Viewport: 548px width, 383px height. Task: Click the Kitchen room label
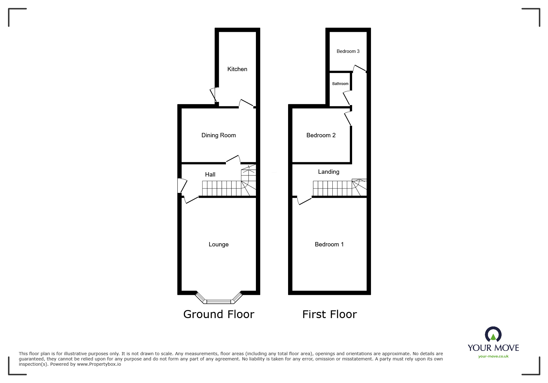[x=237, y=69]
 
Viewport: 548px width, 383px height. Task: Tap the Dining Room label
[x=218, y=135]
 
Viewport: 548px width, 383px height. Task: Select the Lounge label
[x=218, y=245]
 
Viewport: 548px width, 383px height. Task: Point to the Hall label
[x=210, y=175]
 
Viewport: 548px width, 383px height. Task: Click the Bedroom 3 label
[x=348, y=51]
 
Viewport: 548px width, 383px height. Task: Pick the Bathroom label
[x=340, y=84]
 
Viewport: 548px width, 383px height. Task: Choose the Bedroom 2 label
[x=321, y=135]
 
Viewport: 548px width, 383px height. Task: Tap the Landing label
[x=329, y=172]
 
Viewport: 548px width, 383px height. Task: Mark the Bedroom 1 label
[x=329, y=245]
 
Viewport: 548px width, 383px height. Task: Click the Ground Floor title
[x=219, y=314]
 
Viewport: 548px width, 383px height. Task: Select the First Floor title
[x=330, y=314]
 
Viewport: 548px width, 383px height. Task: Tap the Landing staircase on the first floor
[x=340, y=188]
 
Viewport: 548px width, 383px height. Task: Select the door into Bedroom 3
[x=360, y=69]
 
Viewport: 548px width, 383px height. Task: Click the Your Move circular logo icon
[x=493, y=335]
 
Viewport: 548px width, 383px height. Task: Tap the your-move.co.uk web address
[x=493, y=356]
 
